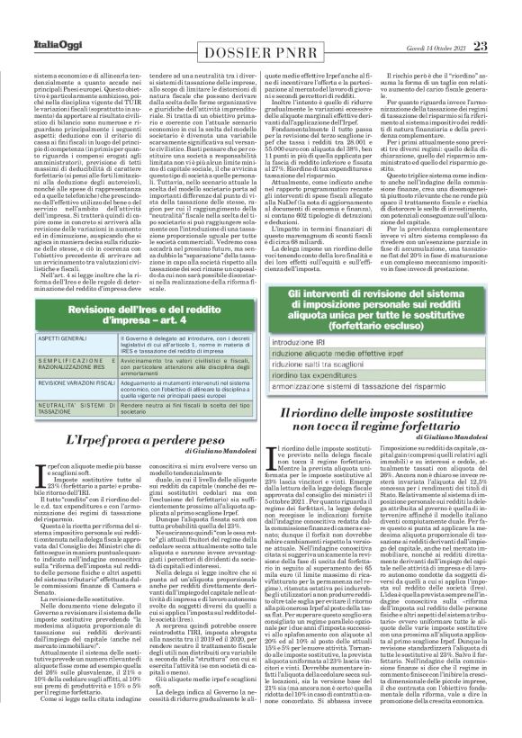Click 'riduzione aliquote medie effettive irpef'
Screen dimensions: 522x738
pos(351,356)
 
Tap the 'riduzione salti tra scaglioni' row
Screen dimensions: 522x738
pos(332,369)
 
